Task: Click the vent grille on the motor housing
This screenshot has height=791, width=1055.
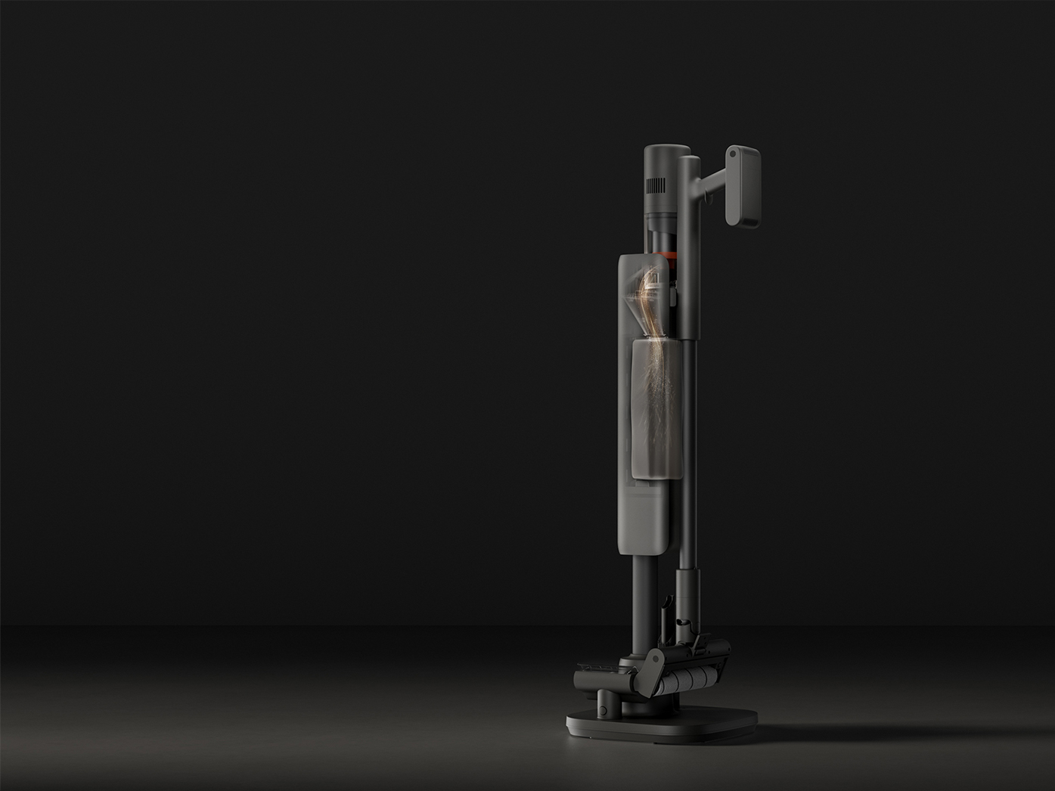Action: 656,186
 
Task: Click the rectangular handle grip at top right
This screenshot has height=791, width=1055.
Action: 743,186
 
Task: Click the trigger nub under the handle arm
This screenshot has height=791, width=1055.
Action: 709,198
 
